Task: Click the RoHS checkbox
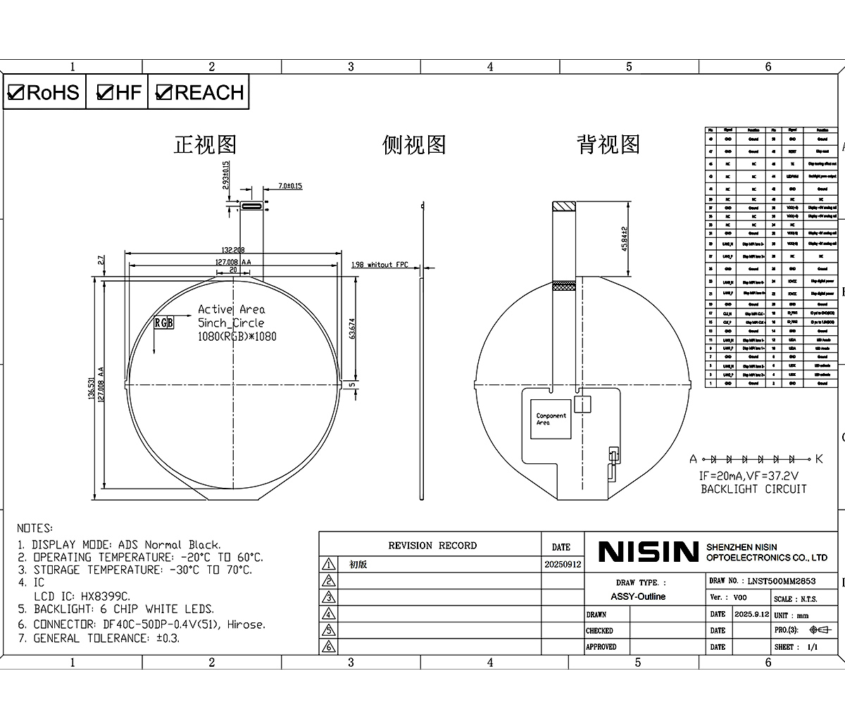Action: (x=16, y=92)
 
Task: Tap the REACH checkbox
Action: (x=164, y=92)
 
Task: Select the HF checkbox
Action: (x=105, y=92)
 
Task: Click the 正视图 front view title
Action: (x=205, y=145)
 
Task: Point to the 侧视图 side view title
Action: (x=414, y=145)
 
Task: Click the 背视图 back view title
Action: (x=608, y=145)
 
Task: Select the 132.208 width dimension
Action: (x=232, y=250)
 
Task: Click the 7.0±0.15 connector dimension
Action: (x=289, y=186)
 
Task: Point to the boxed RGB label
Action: (x=163, y=322)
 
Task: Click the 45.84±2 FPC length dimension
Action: (x=623, y=239)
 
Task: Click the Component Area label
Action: (x=551, y=419)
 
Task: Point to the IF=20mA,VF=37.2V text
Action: (x=753, y=476)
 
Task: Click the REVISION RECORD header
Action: (x=432, y=546)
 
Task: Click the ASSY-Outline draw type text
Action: (x=638, y=596)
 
